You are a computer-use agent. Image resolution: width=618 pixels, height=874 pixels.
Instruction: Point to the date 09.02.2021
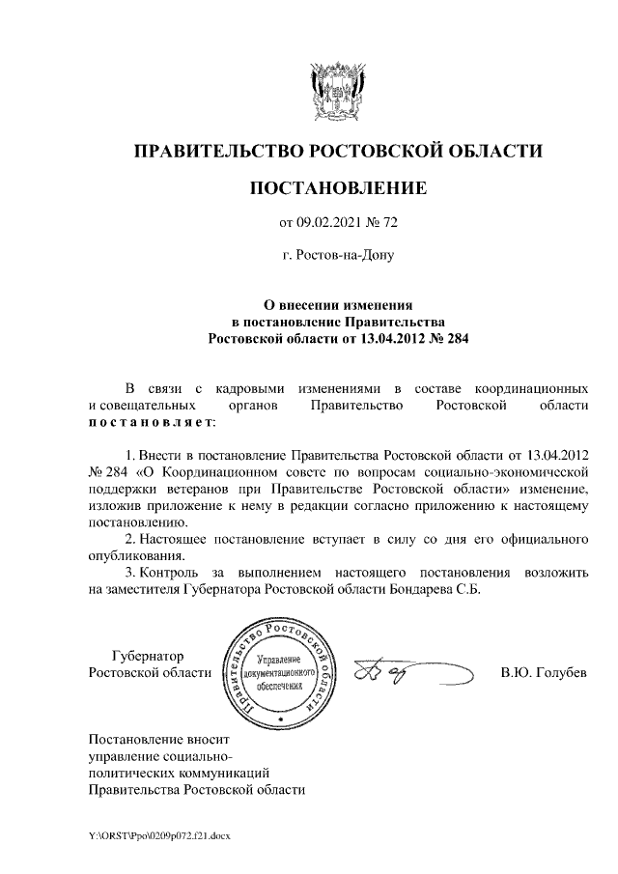click(x=328, y=223)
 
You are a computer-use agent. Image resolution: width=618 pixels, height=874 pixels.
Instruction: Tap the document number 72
click(x=389, y=223)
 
